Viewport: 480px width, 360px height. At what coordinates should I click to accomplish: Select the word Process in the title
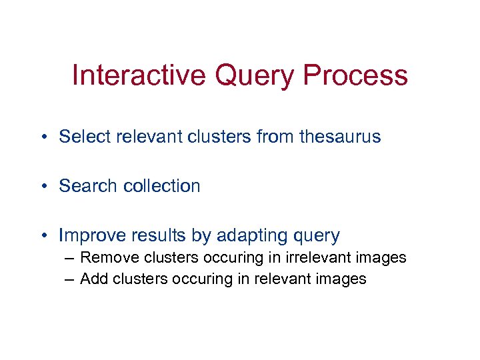[355, 75]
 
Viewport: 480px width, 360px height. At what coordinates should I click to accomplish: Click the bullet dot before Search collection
[42, 187]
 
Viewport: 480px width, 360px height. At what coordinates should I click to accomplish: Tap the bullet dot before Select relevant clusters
[42, 137]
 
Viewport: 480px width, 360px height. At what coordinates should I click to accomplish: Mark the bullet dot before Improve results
[42, 236]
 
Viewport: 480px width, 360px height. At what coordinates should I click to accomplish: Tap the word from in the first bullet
[275, 137]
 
